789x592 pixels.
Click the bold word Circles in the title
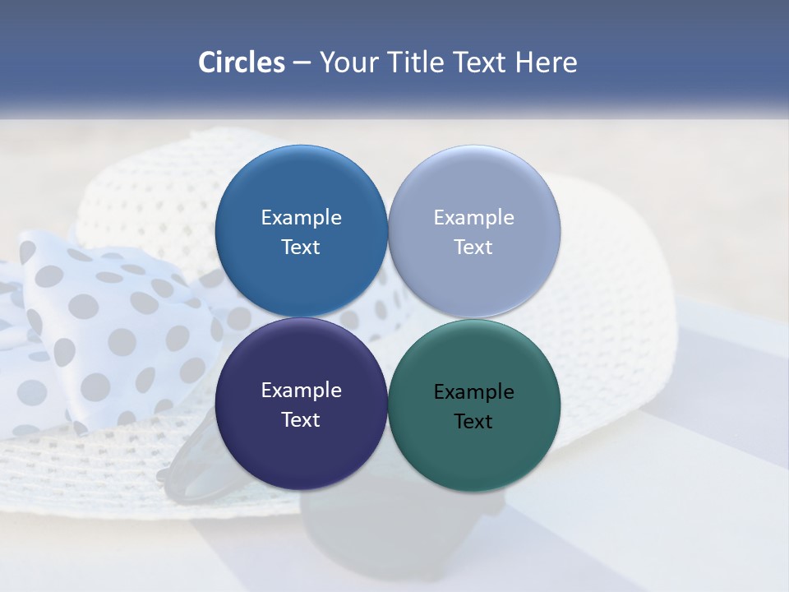(x=242, y=62)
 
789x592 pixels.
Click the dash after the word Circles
(x=302, y=63)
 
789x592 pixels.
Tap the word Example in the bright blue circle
(x=301, y=218)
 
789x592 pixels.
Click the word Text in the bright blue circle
(x=301, y=247)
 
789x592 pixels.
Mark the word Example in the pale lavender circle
(x=474, y=218)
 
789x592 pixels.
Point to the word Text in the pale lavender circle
(x=474, y=247)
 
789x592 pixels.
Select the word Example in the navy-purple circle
(x=301, y=391)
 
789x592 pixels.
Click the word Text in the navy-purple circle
(x=301, y=420)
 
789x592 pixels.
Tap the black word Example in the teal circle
(x=474, y=392)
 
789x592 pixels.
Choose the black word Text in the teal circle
(x=474, y=422)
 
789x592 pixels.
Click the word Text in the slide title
(x=481, y=62)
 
